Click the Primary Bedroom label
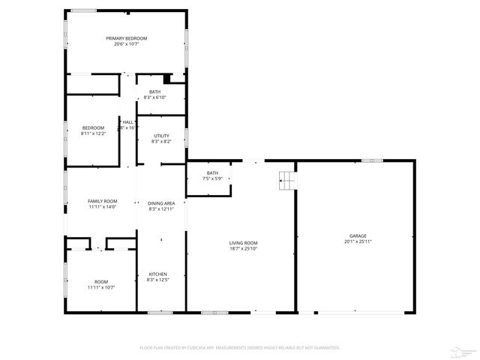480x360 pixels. [x=126, y=38]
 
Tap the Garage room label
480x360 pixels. [x=358, y=235]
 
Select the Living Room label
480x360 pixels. [x=243, y=242]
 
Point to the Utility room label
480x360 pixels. [x=161, y=136]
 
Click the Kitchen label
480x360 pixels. [x=157, y=274]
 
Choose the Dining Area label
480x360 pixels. [x=161, y=203]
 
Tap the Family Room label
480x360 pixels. [x=102, y=201]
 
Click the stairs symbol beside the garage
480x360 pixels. [x=286, y=179]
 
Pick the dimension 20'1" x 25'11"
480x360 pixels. [x=358, y=241]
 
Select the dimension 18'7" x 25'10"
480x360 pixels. [x=243, y=248]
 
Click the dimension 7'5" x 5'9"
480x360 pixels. [x=212, y=179]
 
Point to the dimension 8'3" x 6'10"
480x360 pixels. [x=154, y=97]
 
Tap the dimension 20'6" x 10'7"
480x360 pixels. [x=126, y=44]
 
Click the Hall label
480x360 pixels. [x=128, y=122]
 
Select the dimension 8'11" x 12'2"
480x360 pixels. [x=93, y=133]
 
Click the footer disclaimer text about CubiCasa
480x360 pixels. [x=240, y=347]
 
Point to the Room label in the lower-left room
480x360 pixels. [x=101, y=281]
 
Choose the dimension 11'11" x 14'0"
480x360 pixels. [x=102, y=207]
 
